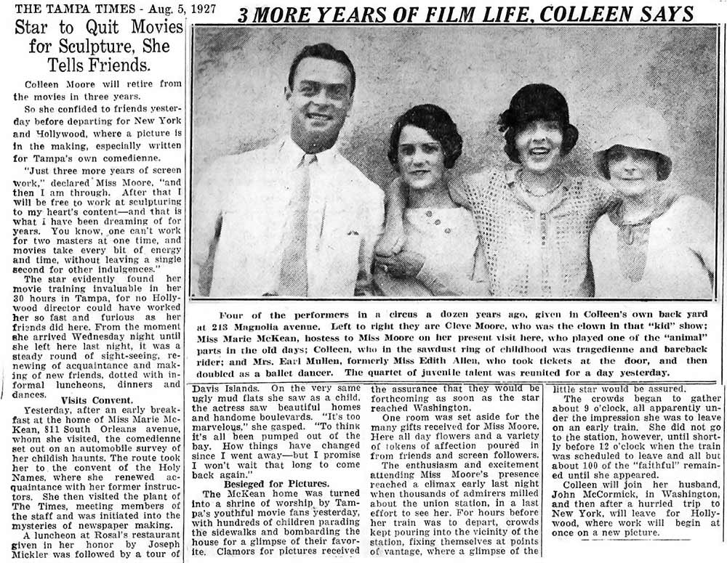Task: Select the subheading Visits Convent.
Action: [91, 400]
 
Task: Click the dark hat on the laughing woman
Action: [537, 112]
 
